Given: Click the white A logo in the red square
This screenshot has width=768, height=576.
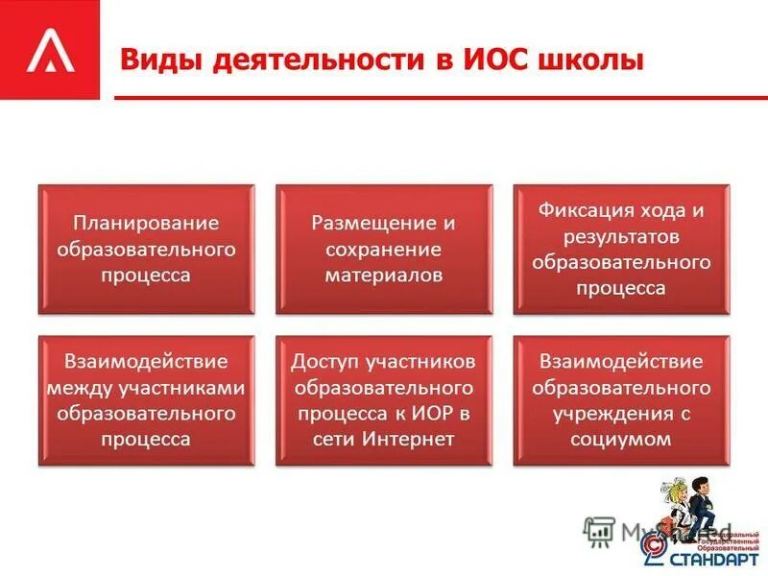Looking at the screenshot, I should [49, 51].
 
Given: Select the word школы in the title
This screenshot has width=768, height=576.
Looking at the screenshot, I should [593, 60].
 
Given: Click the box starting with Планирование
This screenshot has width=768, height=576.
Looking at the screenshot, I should [146, 250].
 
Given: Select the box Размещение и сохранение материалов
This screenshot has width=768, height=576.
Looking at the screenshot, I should [383, 250].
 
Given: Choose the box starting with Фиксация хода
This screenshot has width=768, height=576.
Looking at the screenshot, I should [621, 250].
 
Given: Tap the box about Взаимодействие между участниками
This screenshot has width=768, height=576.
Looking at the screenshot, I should [146, 400].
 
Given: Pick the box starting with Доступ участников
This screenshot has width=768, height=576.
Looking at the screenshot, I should [383, 400].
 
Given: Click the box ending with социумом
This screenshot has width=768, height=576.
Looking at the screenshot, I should [621, 400].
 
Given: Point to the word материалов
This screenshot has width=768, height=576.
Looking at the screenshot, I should [383, 275].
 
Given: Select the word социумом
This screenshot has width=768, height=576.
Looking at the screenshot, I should [621, 439].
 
